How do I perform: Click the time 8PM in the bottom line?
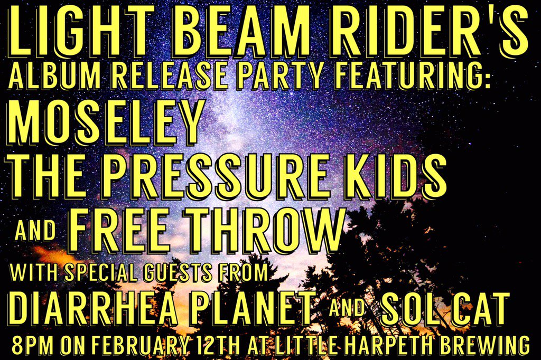point(35,345)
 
